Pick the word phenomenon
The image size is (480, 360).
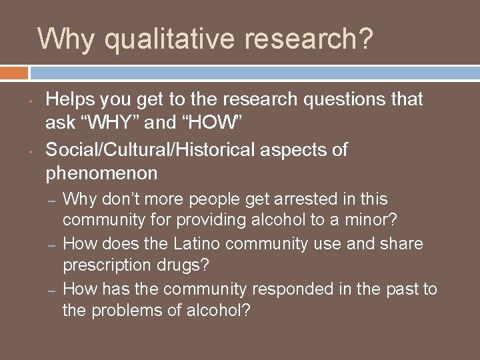point(101,174)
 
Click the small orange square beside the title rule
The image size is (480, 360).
point(14,72)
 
